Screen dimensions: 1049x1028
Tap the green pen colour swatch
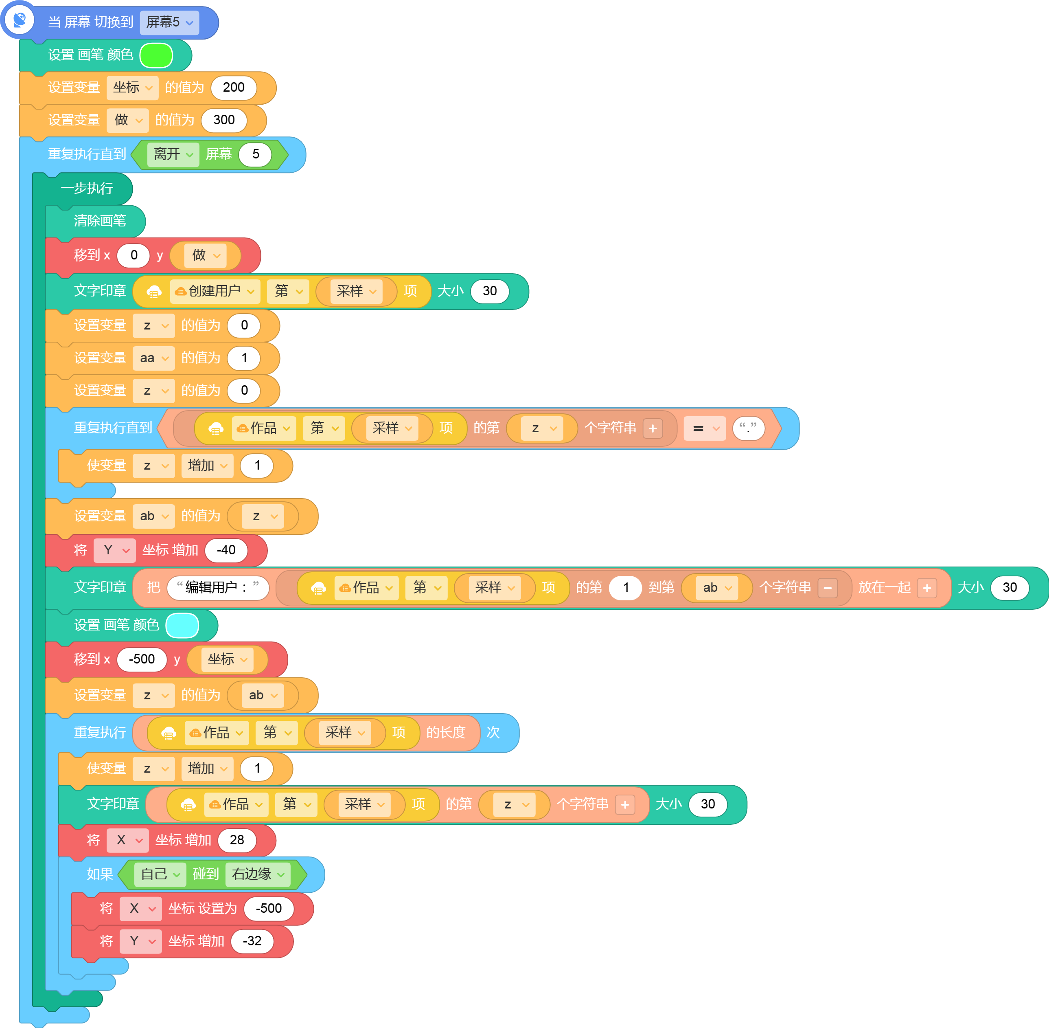click(156, 55)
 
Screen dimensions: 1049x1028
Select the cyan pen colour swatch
click(182, 625)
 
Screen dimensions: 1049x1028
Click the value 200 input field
click(234, 88)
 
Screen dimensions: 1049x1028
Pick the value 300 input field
click(224, 120)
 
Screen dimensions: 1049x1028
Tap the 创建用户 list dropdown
click(215, 292)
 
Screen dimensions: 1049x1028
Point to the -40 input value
click(226, 550)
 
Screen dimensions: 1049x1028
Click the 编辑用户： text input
click(218, 587)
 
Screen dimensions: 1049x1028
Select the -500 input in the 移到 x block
click(142, 659)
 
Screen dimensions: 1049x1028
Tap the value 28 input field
click(237, 840)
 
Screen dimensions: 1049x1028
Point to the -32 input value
click(252, 941)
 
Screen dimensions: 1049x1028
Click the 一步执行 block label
click(87, 189)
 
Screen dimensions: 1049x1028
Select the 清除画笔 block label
click(100, 221)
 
